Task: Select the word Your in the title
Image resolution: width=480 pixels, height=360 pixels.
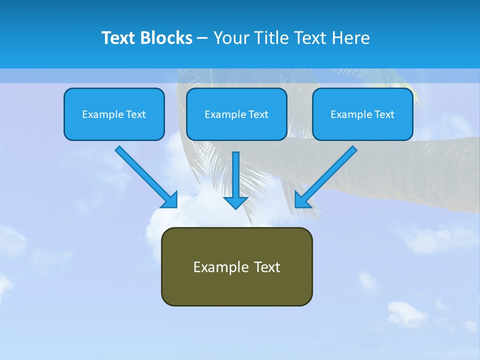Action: pos(230,38)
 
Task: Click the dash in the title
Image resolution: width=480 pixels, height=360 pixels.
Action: pos(202,38)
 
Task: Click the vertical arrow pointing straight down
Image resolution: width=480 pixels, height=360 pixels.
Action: pos(235,175)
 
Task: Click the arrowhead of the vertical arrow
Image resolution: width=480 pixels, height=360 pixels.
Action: pos(235,202)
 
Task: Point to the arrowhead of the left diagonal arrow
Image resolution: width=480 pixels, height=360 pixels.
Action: pos(170,200)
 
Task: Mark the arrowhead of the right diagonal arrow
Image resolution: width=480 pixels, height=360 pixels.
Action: pos(302,199)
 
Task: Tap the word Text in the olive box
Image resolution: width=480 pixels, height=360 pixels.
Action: pos(267,267)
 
